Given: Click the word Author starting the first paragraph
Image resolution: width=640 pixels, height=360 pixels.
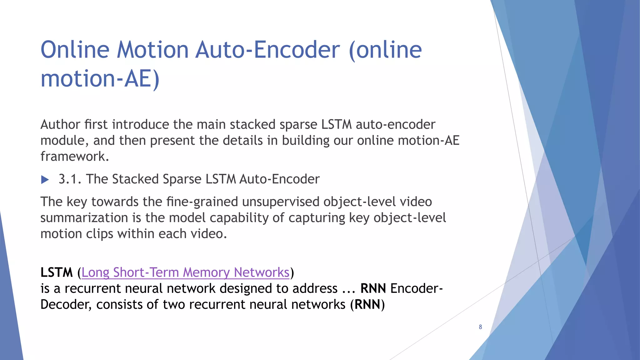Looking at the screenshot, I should [60, 125].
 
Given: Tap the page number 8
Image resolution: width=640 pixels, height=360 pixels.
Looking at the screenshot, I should [480, 327].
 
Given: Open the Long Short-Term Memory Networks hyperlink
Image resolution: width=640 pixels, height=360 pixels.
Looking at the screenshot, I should [185, 272].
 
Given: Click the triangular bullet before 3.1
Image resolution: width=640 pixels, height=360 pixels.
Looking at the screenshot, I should [45, 180].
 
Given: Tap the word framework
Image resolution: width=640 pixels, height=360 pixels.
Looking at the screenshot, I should [74, 157].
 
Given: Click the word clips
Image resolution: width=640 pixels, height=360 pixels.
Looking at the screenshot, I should [99, 234].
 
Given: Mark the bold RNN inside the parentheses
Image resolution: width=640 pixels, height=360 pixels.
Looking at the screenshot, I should [367, 304].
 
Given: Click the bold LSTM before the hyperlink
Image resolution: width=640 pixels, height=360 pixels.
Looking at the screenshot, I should [57, 272].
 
